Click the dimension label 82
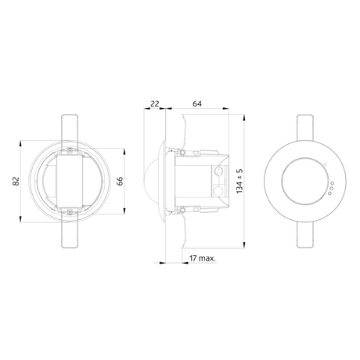coord(16,181)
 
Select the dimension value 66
coord(120,181)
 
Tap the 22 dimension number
coord(155,104)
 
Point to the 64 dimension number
coord(197,104)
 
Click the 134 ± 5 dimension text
coord(239,181)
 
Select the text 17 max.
coord(203,258)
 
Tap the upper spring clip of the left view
coord(70,128)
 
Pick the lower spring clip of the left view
coord(70,234)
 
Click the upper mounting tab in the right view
coord(305,128)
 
